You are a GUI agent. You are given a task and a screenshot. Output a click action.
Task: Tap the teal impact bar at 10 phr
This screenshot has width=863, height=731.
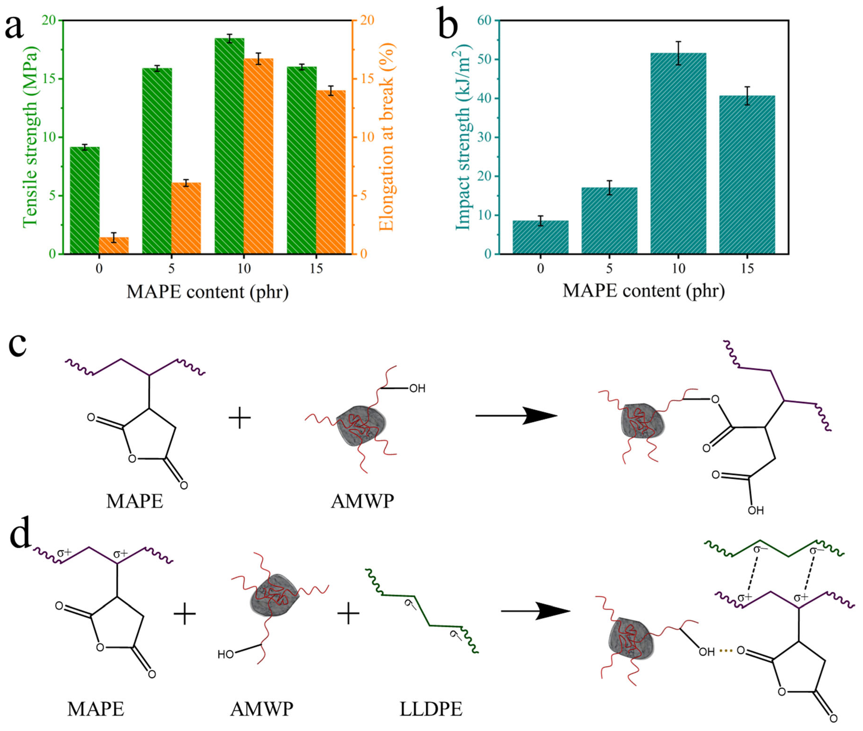point(678,153)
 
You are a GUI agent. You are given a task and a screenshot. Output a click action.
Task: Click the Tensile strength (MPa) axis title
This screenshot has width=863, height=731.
point(30,137)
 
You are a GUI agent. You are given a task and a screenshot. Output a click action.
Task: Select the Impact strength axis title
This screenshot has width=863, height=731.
point(463,139)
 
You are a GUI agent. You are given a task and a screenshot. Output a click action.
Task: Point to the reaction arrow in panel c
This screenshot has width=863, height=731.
point(516,415)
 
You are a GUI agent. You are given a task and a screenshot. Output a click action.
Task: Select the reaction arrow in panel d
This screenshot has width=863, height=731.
point(536,611)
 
